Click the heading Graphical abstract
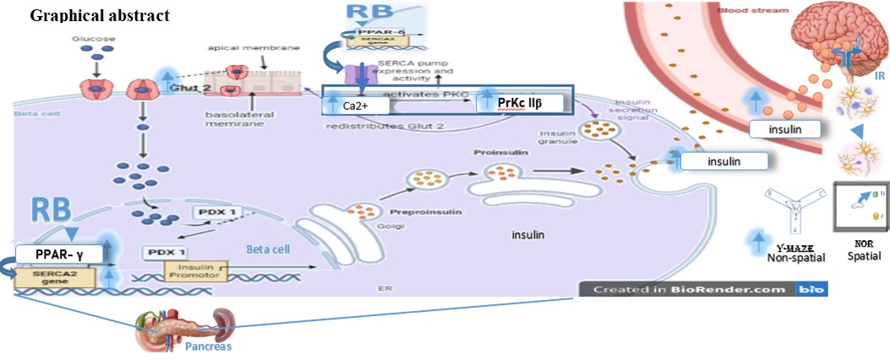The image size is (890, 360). (x=100, y=15)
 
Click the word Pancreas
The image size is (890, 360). (x=207, y=346)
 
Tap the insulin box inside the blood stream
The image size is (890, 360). (x=786, y=129)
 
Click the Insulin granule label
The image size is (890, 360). (x=557, y=138)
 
